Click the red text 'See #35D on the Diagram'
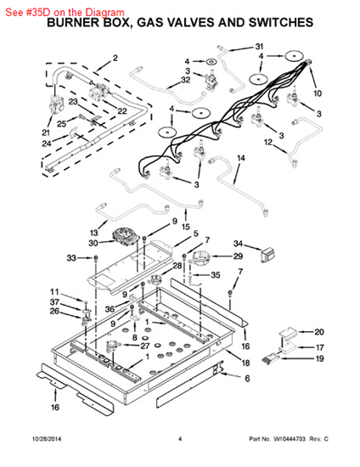(65, 12)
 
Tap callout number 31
(259, 47)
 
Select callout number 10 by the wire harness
(318, 93)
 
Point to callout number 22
(122, 110)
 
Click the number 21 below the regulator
(46, 132)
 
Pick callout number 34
(238, 244)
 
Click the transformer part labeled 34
(267, 256)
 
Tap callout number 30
(93, 243)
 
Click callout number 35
(216, 275)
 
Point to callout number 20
(319, 332)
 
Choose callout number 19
(319, 358)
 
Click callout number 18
(245, 363)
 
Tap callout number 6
(247, 378)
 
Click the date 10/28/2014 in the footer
(47, 439)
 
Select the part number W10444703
(290, 439)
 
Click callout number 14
(240, 158)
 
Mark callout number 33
(71, 257)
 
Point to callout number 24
(47, 143)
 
